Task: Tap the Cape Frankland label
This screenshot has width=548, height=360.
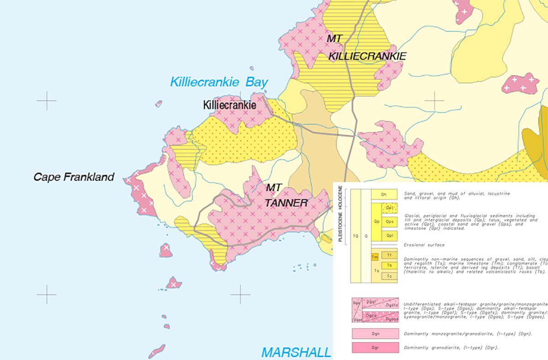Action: point(74,177)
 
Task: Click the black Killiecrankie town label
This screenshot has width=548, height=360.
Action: point(229,105)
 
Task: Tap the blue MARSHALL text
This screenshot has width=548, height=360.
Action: point(296,352)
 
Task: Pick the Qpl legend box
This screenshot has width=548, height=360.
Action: point(390,235)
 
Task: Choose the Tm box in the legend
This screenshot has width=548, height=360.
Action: point(375,257)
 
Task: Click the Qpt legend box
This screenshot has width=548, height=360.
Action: point(390,208)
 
